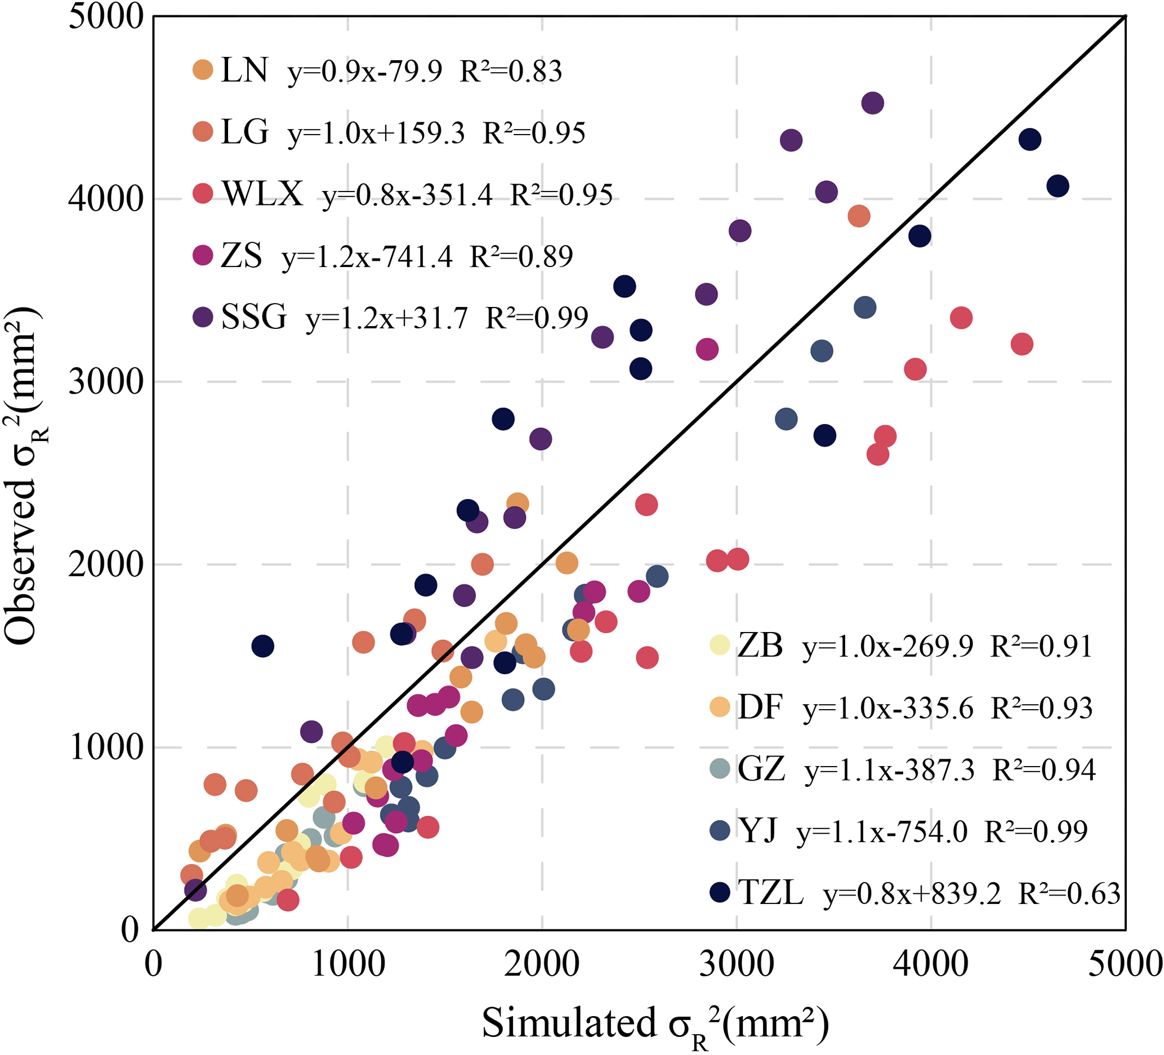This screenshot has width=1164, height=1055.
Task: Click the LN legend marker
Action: click(203, 70)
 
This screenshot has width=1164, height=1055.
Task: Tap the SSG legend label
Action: click(253, 317)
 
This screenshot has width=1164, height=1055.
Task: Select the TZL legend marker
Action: click(720, 892)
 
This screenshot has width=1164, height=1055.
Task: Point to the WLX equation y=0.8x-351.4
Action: click(407, 195)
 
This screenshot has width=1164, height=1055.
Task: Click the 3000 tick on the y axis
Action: click(105, 381)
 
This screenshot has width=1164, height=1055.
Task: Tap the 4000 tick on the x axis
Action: click(930, 964)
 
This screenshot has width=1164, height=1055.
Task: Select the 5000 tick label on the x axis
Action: click(1124, 964)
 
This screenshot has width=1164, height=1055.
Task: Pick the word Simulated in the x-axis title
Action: click(569, 1023)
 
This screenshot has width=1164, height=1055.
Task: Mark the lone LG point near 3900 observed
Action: click(859, 216)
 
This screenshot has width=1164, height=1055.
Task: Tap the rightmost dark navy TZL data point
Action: click(1057, 186)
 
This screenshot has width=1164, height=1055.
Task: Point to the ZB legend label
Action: click(760, 645)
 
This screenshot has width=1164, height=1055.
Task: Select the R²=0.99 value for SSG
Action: click(537, 318)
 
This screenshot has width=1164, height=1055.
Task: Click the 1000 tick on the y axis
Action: click(105, 747)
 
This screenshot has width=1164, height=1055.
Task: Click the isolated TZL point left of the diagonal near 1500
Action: click(263, 646)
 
